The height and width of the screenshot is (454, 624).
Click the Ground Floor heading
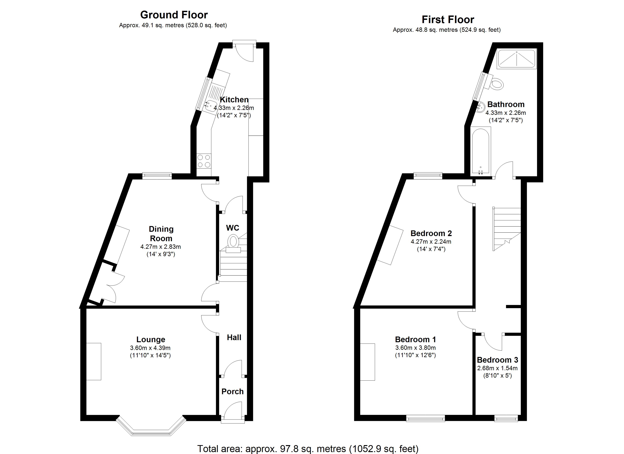174,15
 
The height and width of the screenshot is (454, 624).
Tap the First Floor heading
448,19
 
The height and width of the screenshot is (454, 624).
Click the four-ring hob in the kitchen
204,161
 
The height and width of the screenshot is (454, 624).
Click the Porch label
232,392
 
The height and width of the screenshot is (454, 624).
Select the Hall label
234,337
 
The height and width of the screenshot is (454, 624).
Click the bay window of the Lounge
151,426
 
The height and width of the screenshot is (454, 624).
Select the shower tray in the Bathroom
517,59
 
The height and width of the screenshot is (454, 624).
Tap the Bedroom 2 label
431,233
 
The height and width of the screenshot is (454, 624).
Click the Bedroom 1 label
415,340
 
